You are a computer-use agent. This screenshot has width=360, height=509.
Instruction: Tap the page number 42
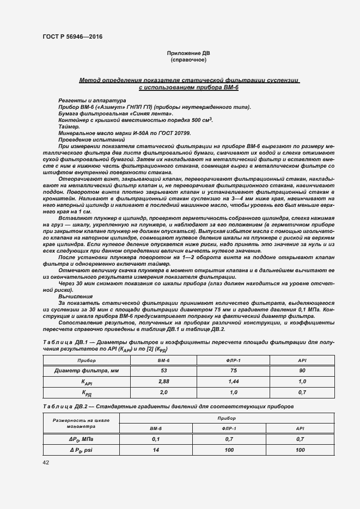[46, 462]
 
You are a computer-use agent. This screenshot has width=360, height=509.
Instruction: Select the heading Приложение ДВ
[188, 53]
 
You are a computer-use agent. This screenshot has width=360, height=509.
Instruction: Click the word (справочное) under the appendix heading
[188, 60]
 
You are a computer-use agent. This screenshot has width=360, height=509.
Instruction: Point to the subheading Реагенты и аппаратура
[84, 101]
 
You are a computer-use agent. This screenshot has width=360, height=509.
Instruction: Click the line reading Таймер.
[68, 126]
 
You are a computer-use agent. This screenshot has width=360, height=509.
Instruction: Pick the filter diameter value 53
[163, 371]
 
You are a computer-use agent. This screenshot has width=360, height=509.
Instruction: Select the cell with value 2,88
[163, 382]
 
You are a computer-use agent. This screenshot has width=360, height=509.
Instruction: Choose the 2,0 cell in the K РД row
[163, 392]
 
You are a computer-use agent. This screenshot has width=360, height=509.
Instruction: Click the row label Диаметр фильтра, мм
[87, 371]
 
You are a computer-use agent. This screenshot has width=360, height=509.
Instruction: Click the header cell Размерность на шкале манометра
[81, 424]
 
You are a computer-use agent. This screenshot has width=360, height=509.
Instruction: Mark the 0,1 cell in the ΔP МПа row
[156, 438]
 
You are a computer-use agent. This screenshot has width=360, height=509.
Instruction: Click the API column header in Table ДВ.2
[300, 428]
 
